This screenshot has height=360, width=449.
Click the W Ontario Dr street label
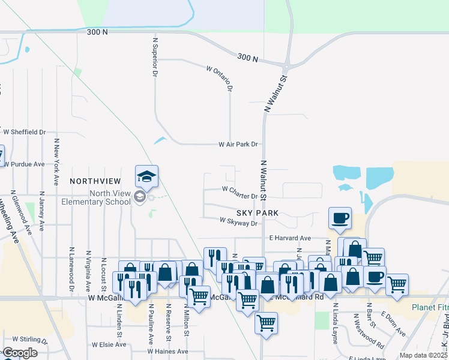click(x=219, y=78)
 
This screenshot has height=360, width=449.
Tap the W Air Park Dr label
click(x=238, y=144)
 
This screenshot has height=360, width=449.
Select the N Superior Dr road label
click(x=155, y=56)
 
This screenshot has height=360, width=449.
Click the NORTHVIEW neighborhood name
click(x=96, y=181)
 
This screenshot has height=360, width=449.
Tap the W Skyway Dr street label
click(x=238, y=222)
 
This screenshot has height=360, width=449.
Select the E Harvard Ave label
click(x=290, y=238)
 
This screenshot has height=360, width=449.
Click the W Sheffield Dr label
click(x=24, y=132)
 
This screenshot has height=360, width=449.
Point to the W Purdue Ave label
click(x=24, y=164)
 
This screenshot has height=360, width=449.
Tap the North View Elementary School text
click(x=96, y=197)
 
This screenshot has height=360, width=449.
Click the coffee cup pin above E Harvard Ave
click(x=340, y=218)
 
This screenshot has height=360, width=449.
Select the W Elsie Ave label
click(x=109, y=345)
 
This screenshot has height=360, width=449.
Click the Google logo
click(x=20, y=353)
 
